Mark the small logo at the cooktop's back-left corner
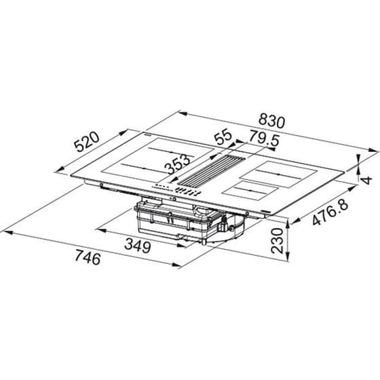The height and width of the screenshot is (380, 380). point(146,136)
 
